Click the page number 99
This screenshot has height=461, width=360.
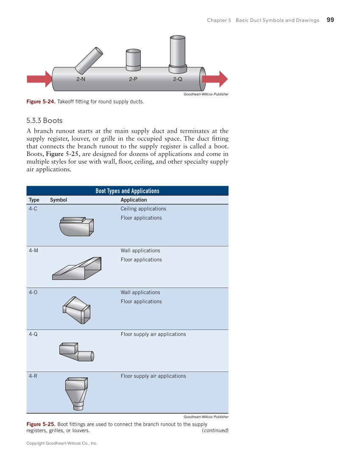tap(330, 20)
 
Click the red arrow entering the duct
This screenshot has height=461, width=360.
tap(39, 79)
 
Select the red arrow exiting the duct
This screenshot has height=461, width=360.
tap(215, 79)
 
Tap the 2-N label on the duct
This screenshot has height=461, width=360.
tap(81, 79)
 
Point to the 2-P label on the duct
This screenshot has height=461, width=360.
tap(133, 79)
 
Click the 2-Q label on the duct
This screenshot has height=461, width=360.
tap(178, 79)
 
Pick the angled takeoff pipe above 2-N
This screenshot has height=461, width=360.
tap(89, 59)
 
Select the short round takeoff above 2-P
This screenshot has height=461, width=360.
tap(133, 60)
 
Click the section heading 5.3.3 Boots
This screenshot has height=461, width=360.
tap(44, 120)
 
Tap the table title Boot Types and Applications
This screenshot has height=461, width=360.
tap(127, 191)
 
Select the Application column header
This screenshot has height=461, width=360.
tap(134, 200)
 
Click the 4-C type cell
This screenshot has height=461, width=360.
tap(33, 209)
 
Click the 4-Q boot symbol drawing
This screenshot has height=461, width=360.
tap(76, 352)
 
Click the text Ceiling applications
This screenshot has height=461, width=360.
tap(143, 209)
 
